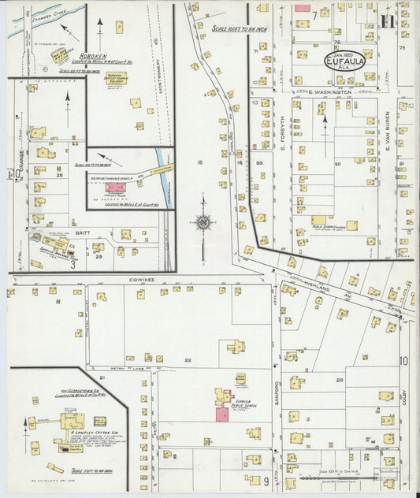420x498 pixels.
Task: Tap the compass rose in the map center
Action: [204, 223]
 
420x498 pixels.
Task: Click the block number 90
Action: [337, 163]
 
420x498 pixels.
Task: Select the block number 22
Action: [188, 359]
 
